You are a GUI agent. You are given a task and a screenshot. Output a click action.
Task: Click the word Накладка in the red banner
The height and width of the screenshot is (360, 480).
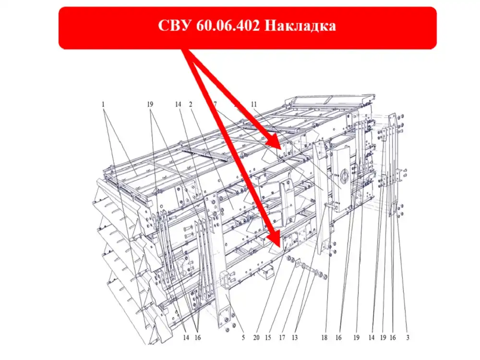(300, 26)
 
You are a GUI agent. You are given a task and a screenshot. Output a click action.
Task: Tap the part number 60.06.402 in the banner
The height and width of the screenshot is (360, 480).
(228, 26)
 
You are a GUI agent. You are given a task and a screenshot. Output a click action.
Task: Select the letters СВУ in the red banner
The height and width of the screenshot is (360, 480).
(175, 26)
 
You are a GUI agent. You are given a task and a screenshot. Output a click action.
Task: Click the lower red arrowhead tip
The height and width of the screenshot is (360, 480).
(280, 247)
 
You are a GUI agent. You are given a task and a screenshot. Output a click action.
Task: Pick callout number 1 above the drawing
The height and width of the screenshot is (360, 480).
(103, 104)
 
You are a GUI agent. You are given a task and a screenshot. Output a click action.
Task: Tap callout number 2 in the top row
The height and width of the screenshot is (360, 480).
(191, 104)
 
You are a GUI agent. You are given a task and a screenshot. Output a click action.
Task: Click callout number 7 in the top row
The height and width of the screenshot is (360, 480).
(215, 104)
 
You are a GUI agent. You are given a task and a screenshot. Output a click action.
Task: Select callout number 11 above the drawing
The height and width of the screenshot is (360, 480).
(254, 104)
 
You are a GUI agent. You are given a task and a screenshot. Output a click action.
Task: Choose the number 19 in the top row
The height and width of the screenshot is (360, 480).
(150, 104)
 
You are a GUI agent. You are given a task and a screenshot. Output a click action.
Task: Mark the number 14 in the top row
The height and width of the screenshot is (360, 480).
(178, 104)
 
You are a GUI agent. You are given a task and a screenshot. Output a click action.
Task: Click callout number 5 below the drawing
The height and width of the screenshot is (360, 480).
(243, 337)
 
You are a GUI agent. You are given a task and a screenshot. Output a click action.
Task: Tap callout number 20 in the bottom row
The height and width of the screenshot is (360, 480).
(256, 337)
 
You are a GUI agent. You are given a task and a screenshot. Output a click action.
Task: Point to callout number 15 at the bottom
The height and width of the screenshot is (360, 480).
(268, 337)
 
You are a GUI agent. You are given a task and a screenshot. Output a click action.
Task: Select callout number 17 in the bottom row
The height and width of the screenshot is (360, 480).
(282, 337)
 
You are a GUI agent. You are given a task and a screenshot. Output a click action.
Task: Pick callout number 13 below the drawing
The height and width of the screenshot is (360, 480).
(295, 337)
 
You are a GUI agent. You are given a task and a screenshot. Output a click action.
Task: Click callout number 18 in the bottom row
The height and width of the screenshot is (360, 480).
(324, 337)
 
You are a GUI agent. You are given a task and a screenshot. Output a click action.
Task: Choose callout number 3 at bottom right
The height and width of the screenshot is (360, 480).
(408, 337)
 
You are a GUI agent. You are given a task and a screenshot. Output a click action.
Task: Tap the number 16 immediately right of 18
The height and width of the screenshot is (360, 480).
(338, 337)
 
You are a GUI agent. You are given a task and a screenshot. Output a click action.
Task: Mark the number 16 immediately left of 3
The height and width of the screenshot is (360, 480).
(393, 337)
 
